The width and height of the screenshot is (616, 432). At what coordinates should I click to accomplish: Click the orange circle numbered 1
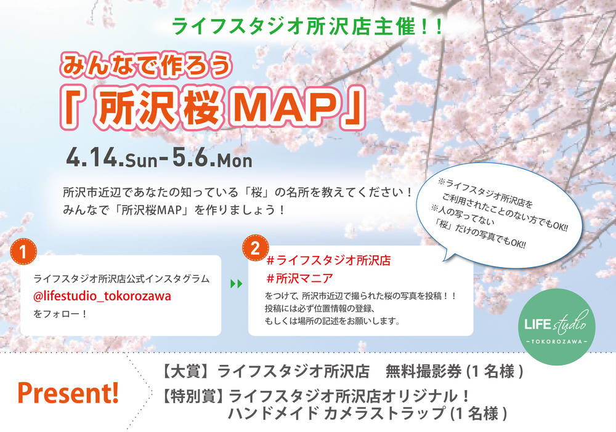point(23,252)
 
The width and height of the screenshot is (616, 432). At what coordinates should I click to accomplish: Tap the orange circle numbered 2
point(256,248)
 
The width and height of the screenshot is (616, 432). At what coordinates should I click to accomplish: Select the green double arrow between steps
point(236,284)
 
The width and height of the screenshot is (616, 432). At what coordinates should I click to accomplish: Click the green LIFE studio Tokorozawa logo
point(556,327)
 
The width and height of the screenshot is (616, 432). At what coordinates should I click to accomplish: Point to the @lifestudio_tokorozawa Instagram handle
point(102,296)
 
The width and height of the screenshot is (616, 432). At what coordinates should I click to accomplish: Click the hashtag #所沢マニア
point(299,279)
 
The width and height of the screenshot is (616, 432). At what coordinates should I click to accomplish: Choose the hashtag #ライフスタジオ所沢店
point(328,260)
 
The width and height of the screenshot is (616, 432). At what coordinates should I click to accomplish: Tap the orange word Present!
point(68,393)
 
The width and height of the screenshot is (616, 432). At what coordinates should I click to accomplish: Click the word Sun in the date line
point(141,160)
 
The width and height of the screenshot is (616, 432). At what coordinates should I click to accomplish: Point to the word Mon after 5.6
point(235,160)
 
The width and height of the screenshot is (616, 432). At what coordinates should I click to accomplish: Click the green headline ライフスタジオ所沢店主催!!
point(307,26)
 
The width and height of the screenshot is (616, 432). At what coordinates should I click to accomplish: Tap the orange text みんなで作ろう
point(145,65)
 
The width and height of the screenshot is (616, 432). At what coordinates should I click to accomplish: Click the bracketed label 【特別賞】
point(193,396)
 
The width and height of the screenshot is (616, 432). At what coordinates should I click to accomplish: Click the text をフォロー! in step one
point(60,314)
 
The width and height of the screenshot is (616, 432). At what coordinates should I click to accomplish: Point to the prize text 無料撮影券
point(423,371)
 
